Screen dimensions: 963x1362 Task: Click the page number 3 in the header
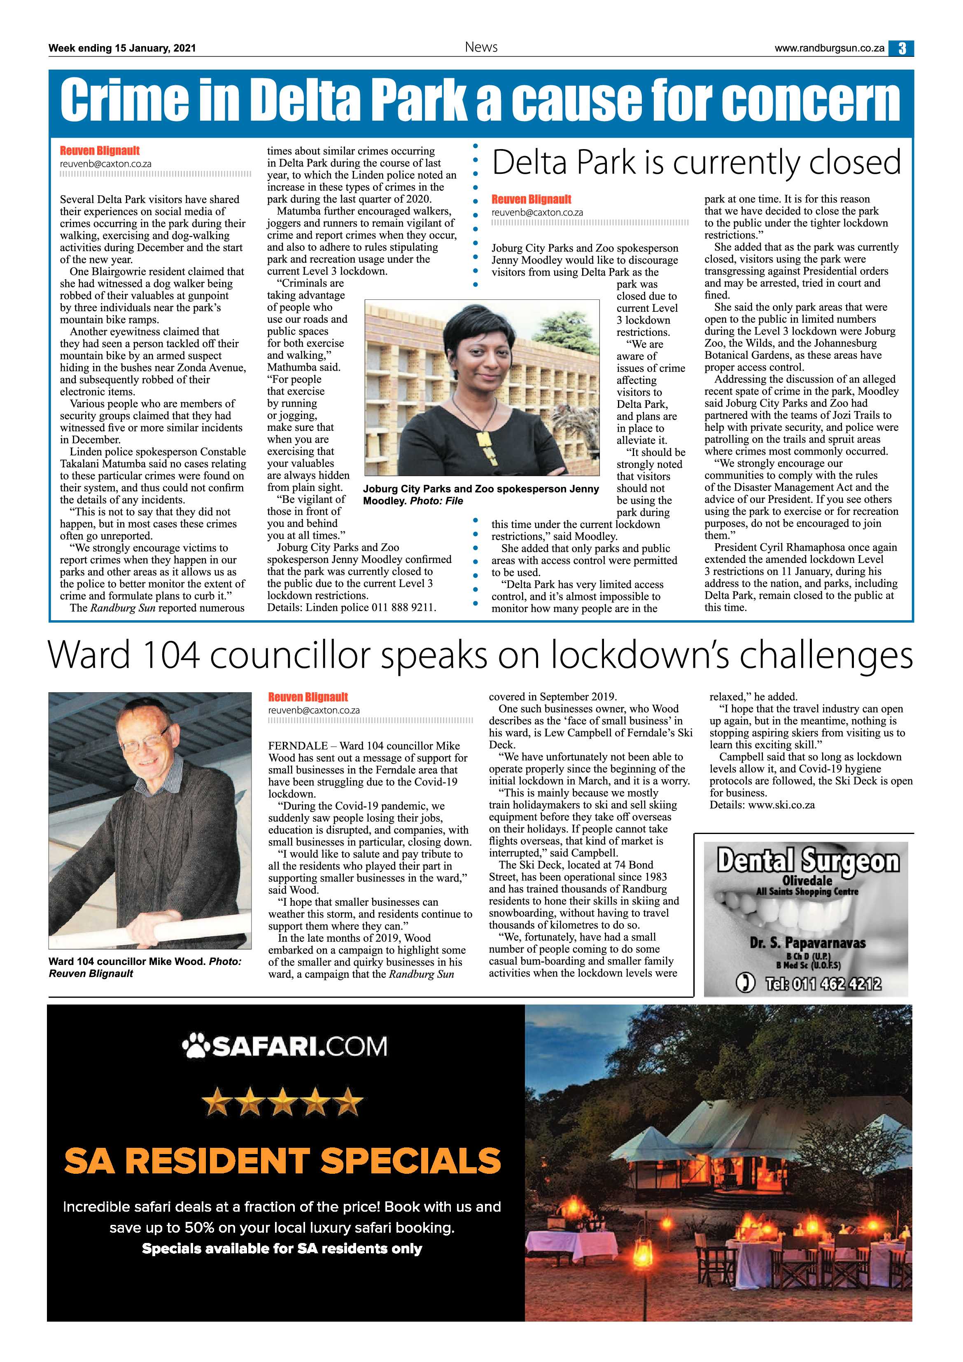tap(901, 49)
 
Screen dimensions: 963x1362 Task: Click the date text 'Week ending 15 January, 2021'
tap(122, 48)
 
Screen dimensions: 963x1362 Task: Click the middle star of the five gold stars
tap(282, 1103)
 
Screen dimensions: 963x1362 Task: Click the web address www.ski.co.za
tap(781, 805)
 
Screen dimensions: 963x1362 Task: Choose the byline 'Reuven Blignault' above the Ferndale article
tap(308, 697)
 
